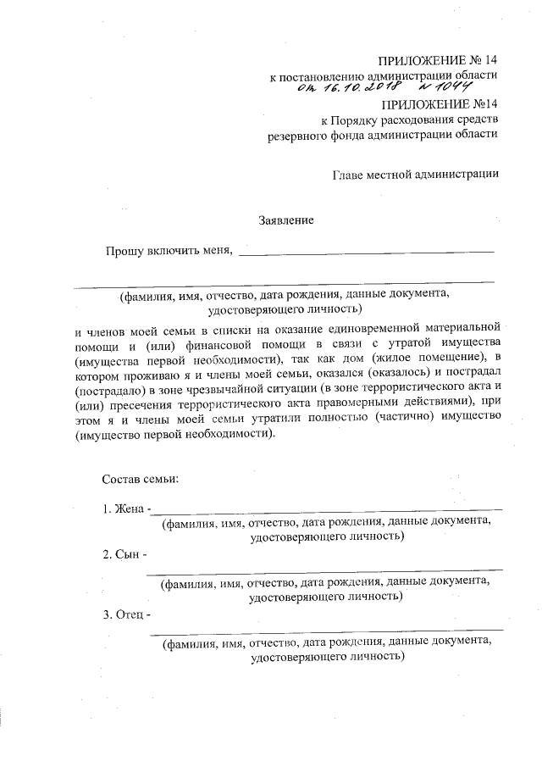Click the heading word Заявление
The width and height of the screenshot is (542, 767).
(x=286, y=221)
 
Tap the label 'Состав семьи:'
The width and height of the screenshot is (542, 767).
(x=140, y=479)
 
